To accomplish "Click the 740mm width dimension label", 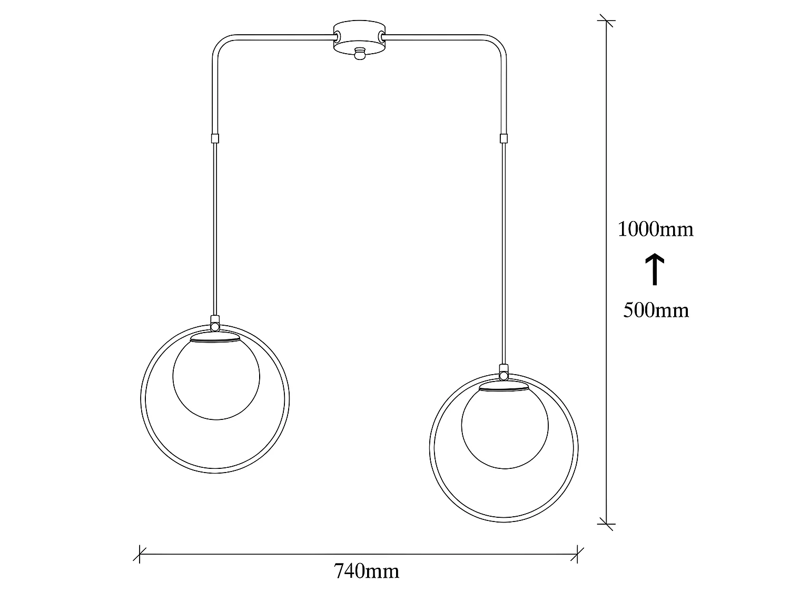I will tap(367, 571).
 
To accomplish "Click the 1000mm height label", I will tap(655, 229).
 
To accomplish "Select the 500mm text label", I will tap(656, 310).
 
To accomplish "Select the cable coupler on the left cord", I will tap(214, 139).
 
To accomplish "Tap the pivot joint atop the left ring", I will tap(214, 326).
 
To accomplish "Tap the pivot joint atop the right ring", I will tap(503, 375).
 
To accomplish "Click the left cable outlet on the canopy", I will tap(336, 36).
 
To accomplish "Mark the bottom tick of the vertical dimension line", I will tap(606, 524).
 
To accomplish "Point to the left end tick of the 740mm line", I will tap(140, 554).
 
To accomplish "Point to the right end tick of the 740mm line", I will tap(578, 554).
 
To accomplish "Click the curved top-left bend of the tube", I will tap(219, 42).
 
